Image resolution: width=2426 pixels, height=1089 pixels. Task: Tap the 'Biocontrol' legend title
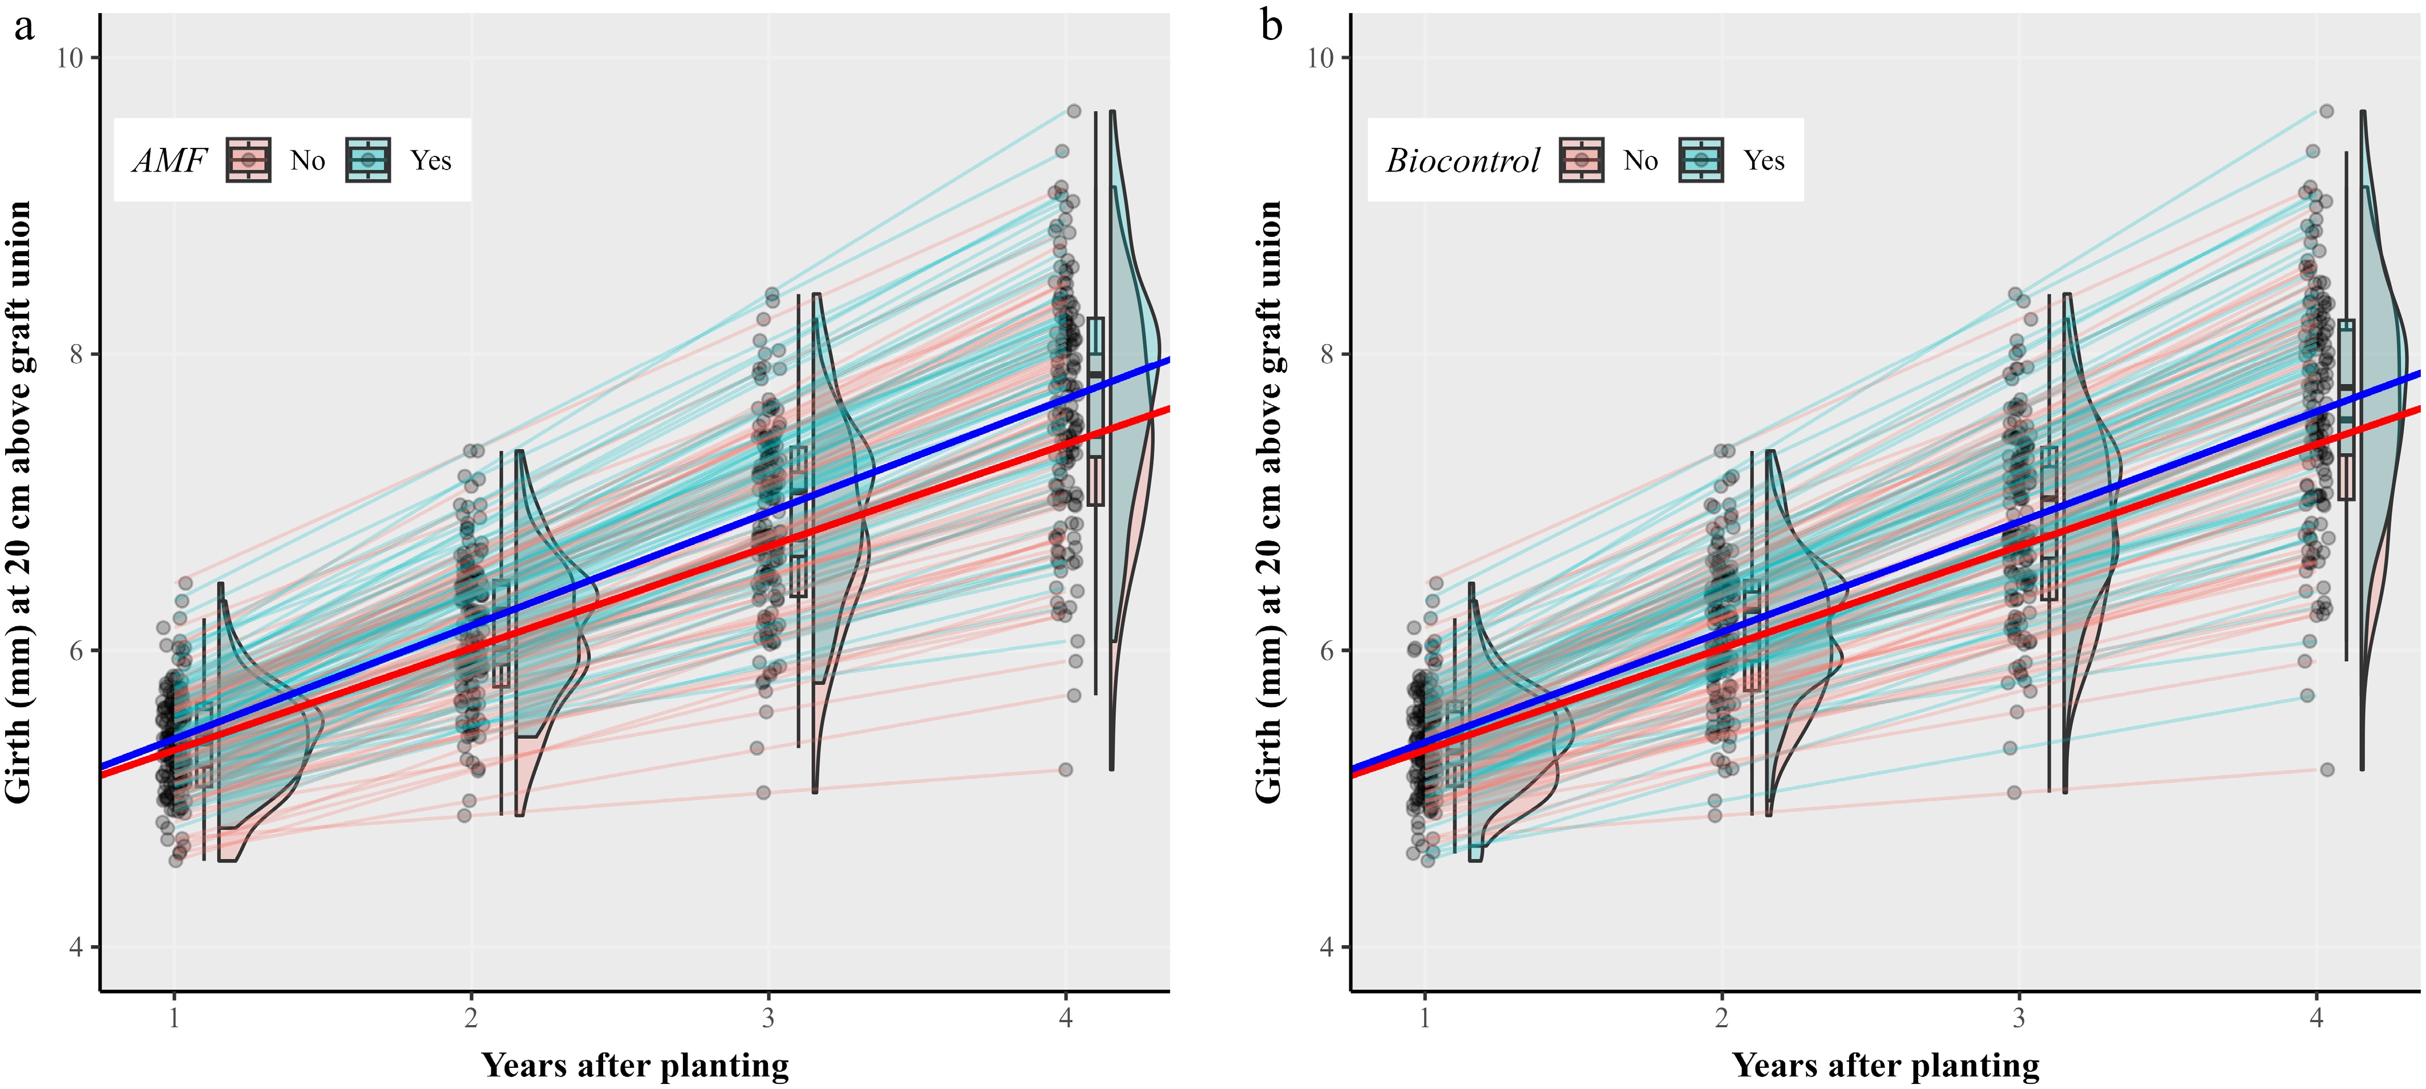click(1462, 160)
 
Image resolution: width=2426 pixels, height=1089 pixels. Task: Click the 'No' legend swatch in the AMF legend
click(249, 160)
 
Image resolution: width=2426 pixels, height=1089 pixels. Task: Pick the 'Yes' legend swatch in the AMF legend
click(368, 160)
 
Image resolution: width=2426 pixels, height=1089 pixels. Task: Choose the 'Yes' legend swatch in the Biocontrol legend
click(1701, 160)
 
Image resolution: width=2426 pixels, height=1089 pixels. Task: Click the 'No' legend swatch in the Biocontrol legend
click(1581, 160)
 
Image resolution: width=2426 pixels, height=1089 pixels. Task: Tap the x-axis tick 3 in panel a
click(769, 1018)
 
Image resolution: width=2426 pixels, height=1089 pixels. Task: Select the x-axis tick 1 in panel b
click(1425, 1018)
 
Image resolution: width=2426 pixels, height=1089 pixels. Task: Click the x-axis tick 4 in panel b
click(2316, 1018)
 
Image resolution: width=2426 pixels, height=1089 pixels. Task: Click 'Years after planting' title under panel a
click(636, 1066)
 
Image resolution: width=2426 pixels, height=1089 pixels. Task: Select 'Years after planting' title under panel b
click(1886, 1066)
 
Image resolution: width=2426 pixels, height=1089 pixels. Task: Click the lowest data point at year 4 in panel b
click(2327, 769)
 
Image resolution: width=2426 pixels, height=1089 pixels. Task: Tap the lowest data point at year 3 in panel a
click(764, 792)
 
